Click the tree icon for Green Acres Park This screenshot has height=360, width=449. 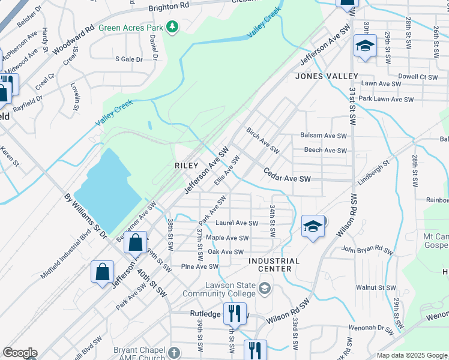173,26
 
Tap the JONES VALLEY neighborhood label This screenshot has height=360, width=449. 327,76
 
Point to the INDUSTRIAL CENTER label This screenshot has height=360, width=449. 274,265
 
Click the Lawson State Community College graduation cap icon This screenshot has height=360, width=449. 264,290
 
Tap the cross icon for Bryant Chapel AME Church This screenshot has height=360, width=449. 174,352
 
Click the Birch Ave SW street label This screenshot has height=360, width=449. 264,140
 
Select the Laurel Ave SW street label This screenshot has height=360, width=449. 237,223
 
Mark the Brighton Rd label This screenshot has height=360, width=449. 169,6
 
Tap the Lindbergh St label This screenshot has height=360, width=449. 375,171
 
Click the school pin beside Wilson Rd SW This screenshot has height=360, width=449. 313,226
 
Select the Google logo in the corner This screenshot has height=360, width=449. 20,353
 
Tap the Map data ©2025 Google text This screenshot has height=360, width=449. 412,355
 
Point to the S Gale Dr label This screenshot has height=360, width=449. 129,59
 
